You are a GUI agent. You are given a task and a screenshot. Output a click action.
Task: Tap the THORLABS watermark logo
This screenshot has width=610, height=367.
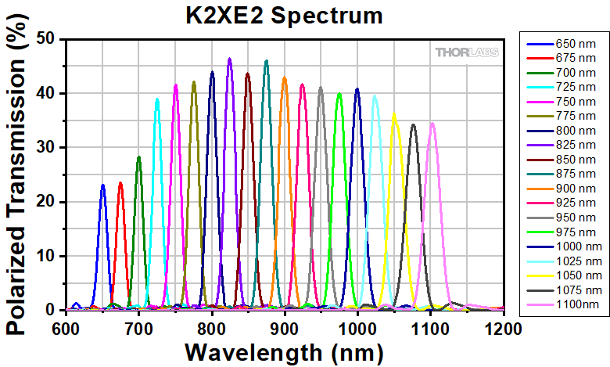469,52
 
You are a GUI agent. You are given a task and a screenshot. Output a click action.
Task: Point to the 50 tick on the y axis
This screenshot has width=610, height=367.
50,39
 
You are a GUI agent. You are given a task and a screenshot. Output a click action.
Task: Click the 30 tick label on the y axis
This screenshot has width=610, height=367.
50,147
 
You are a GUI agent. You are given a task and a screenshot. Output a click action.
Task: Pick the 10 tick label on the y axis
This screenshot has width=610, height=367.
50,256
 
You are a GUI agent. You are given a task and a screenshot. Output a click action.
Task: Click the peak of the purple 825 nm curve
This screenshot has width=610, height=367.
230,59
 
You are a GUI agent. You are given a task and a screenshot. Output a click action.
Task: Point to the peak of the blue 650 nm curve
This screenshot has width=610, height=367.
103,185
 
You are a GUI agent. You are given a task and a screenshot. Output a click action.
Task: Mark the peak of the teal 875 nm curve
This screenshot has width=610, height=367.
267,61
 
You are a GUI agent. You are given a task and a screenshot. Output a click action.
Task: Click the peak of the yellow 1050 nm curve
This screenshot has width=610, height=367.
394,114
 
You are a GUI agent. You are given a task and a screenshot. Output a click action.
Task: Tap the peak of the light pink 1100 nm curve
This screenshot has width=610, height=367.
432,123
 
